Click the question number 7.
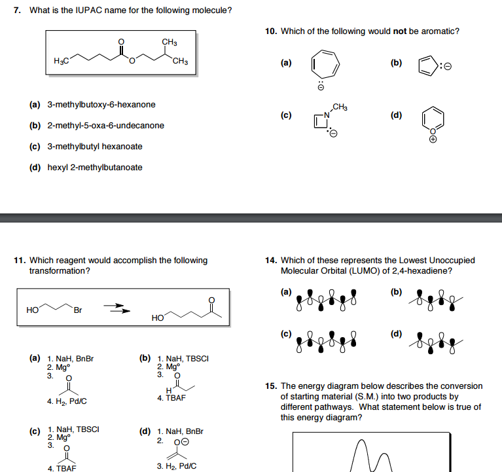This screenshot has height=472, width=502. click(x=18, y=10)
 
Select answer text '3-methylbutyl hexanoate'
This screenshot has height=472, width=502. click(x=95, y=146)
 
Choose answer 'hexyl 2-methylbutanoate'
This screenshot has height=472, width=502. click(x=95, y=167)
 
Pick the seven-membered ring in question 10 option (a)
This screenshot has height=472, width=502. click(x=321, y=65)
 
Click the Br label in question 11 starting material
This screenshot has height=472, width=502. click(x=79, y=310)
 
